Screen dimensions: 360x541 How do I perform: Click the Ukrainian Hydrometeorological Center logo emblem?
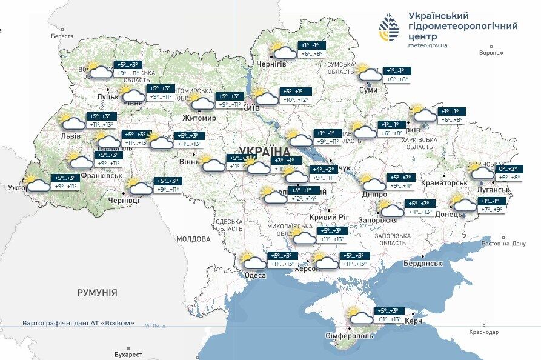(x=388, y=27)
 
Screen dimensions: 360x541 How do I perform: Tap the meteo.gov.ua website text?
(x=428, y=45)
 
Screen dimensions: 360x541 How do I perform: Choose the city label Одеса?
(x=255, y=275)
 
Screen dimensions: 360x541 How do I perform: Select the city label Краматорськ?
(x=444, y=182)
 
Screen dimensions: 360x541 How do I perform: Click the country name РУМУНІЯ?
(x=97, y=293)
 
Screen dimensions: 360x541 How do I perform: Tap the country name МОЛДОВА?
(x=193, y=239)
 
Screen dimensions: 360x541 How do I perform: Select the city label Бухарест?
(x=128, y=355)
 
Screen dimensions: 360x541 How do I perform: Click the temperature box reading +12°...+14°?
(x=304, y=198)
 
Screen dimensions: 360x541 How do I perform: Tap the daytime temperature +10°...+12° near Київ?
(x=296, y=100)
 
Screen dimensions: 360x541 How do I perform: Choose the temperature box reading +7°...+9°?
(x=492, y=210)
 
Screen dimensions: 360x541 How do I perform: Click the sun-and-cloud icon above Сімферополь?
(x=360, y=316)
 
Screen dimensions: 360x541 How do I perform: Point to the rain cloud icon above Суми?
(x=370, y=73)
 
